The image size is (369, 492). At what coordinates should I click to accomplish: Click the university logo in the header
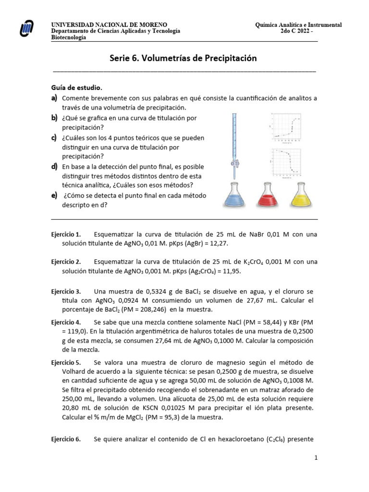click(27, 29)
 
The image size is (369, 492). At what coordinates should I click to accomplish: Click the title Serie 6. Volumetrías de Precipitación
click(184, 58)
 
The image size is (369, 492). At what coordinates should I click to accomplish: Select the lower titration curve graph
click(286, 161)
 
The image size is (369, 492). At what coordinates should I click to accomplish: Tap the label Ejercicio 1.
click(66, 234)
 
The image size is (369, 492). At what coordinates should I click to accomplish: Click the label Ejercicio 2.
click(66, 262)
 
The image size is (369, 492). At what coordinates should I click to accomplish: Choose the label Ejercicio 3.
click(66, 292)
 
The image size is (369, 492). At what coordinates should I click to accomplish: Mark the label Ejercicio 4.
click(66, 322)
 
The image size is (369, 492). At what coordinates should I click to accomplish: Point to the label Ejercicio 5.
click(66, 362)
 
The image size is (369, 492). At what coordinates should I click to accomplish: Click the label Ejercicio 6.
click(66, 439)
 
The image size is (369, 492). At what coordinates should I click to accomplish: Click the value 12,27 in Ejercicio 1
click(218, 244)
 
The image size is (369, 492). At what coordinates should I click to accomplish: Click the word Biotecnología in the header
click(69, 37)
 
